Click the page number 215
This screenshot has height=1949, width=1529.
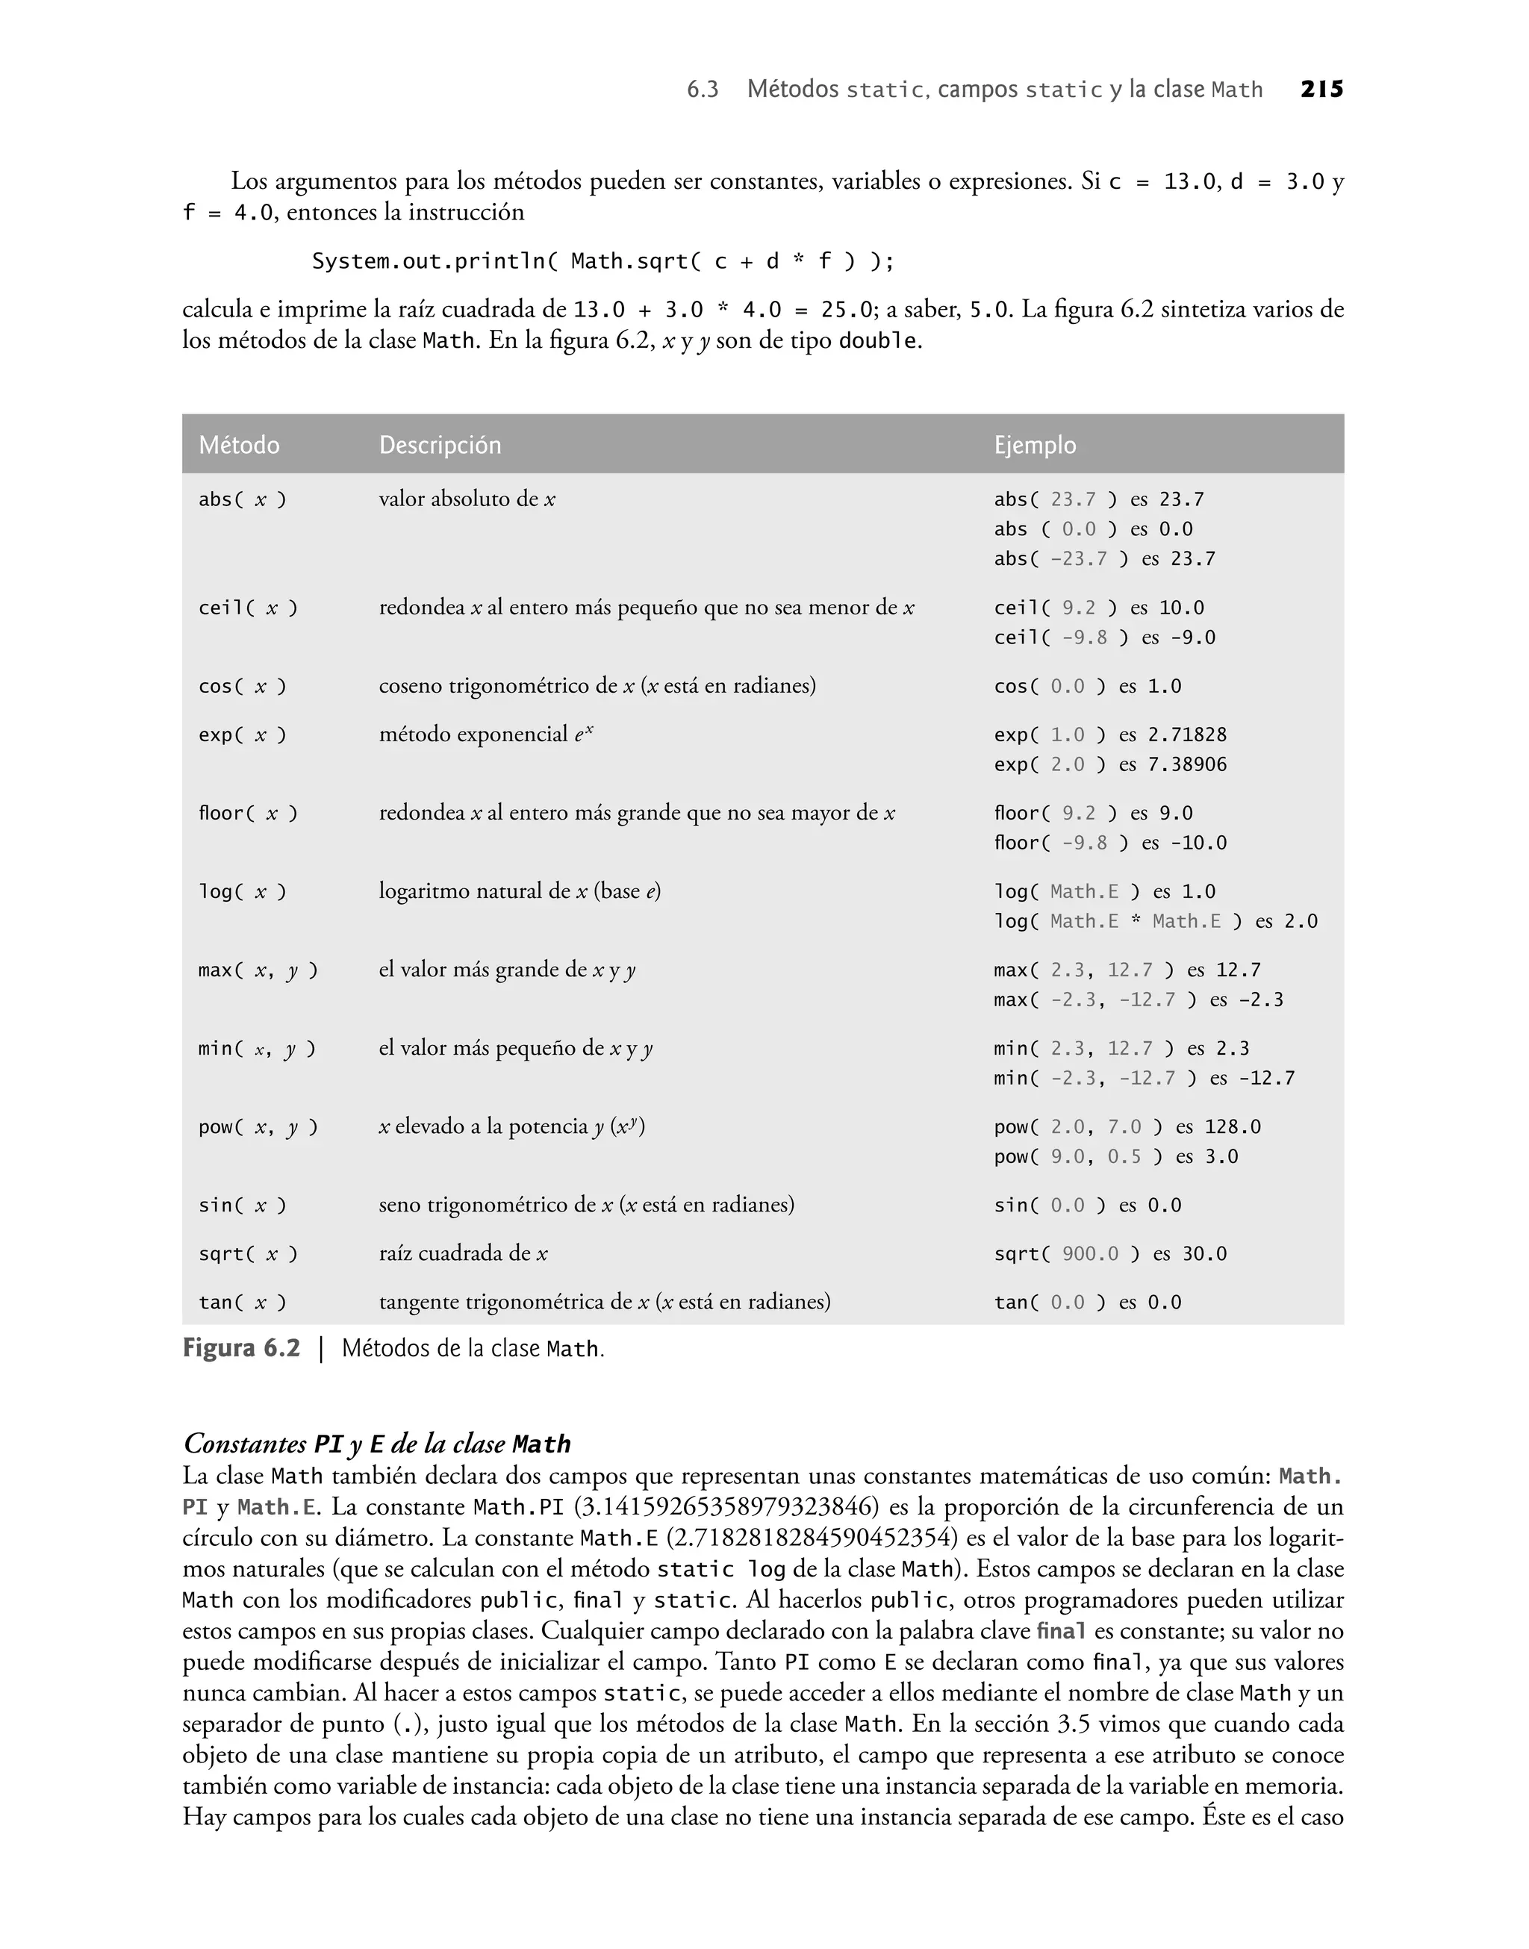click(x=1321, y=90)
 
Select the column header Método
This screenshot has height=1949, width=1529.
click(x=239, y=445)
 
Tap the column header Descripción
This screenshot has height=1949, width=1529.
click(x=440, y=445)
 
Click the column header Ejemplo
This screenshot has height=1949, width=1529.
click(x=1035, y=445)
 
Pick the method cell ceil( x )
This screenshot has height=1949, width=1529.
click(x=248, y=608)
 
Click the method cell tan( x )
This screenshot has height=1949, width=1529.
click(x=243, y=1302)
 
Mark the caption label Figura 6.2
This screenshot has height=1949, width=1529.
click(x=242, y=1349)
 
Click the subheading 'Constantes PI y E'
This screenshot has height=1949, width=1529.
click(x=377, y=1444)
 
